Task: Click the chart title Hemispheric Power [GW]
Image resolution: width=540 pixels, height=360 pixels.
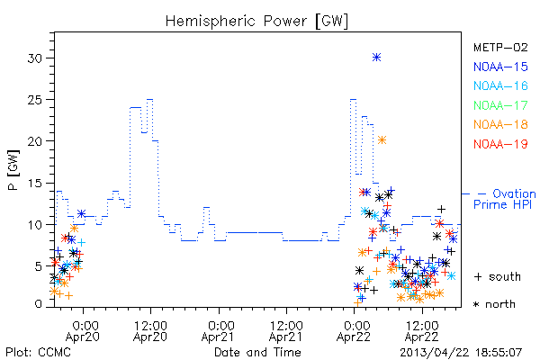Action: click(256, 22)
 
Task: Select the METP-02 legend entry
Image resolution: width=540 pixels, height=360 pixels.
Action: click(500, 47)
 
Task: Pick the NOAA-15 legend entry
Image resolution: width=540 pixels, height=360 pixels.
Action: click(500, 67)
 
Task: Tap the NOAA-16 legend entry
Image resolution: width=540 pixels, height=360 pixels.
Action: click(500, 85)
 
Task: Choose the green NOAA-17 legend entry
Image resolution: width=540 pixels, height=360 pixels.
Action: click(500, 105)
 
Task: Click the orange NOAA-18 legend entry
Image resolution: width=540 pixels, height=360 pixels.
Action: click(500, 124)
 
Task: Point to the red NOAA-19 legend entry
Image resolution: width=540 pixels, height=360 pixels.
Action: click(500, 144)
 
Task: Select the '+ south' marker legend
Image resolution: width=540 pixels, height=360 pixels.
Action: click(498, 276)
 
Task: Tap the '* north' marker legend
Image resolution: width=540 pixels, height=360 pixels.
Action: click(494, 304)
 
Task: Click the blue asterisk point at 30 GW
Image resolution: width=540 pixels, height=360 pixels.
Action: click(377, 58)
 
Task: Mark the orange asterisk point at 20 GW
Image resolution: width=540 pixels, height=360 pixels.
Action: click(382, 139)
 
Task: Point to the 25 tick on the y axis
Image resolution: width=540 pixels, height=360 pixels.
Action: click(35, 100)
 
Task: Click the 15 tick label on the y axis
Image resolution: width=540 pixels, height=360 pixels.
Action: click(35, 184)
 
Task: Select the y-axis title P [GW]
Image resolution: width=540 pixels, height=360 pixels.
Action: click(13, 170)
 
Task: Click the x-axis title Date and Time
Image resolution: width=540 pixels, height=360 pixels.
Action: click(257, 352)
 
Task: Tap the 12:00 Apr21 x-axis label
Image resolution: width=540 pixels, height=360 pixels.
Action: click(286, 331)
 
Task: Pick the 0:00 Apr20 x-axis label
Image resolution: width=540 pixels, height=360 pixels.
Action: click(83, 331)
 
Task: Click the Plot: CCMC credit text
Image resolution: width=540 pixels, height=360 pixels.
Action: click(38, 352)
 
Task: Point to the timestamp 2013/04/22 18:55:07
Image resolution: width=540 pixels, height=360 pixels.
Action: click(461, 353)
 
